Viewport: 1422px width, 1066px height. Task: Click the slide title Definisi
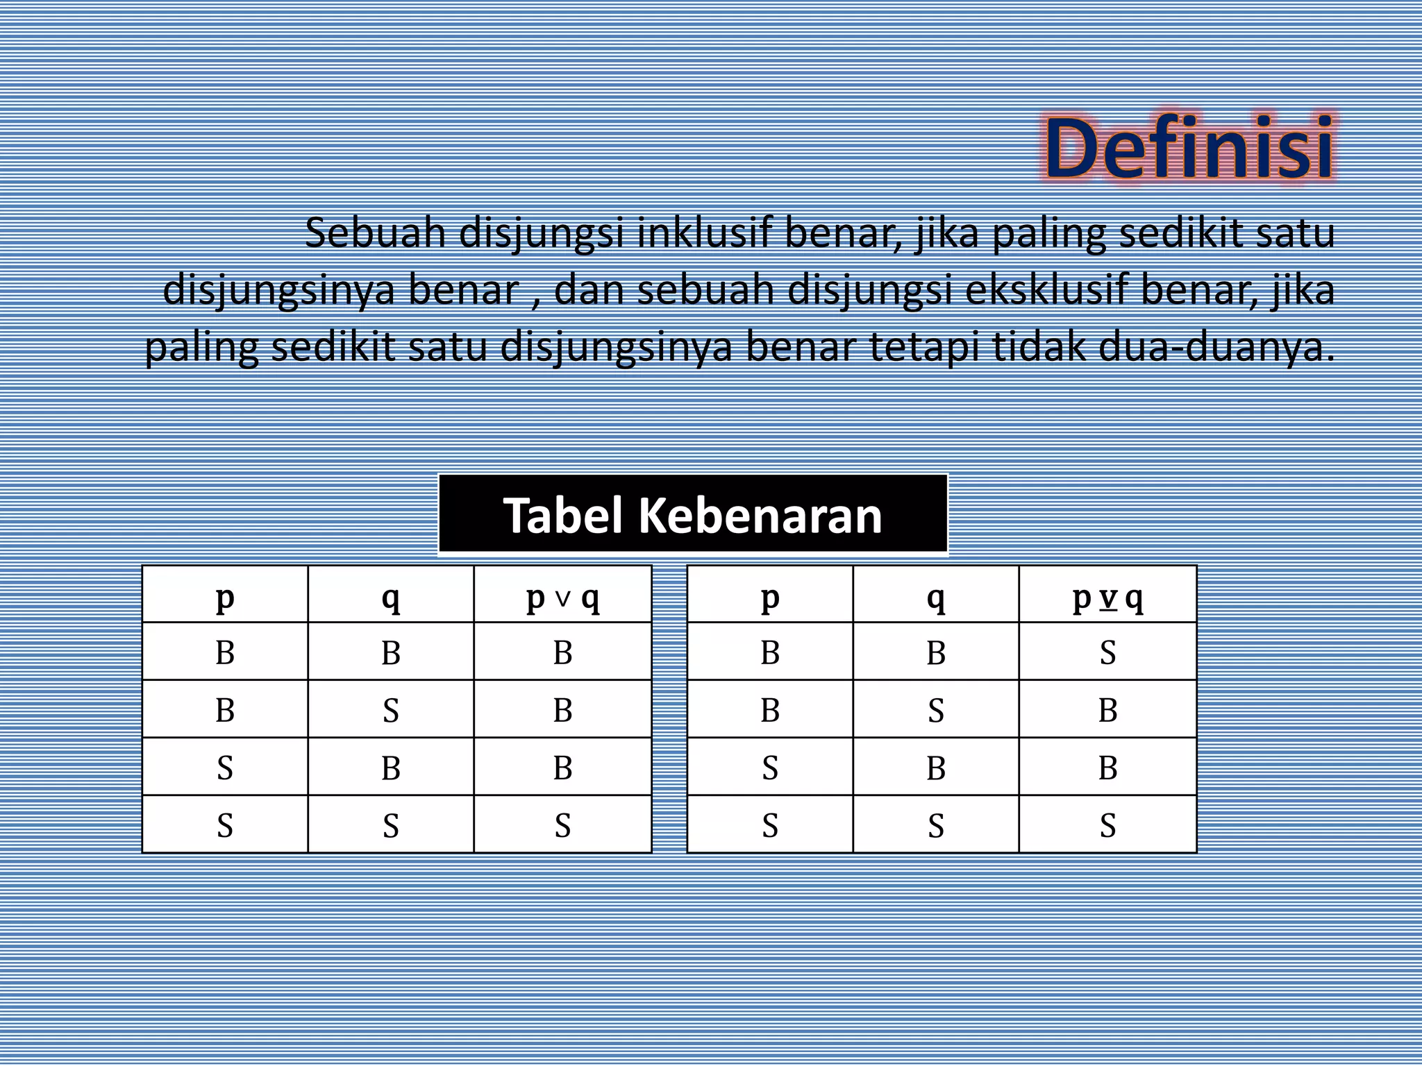1189,149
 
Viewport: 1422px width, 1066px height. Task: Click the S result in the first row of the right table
1107,653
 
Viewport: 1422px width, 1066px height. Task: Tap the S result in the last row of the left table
562,826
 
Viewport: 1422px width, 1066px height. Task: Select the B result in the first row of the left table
562,653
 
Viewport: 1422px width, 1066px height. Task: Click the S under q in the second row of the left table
391,711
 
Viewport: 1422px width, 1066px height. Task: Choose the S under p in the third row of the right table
770,768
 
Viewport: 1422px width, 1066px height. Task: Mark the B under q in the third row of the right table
935,768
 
